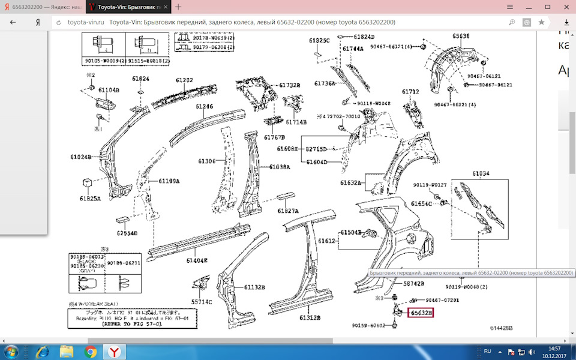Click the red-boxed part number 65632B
[421, 313]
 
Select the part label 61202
[184, 80]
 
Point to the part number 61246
[204, 106]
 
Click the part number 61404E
[197, 260]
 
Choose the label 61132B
[254, 287]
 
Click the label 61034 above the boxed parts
[481, 173]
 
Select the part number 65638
[461, 36]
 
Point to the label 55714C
[202, 302]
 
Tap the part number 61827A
[288, 211]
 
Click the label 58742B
[413, 283]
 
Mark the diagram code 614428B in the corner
[501, 328]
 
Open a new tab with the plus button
[178, 7]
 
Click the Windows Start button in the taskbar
[11, 352]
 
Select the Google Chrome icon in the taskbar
[91, 352]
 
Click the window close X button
[565, 7]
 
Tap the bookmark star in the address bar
[541, 22]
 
